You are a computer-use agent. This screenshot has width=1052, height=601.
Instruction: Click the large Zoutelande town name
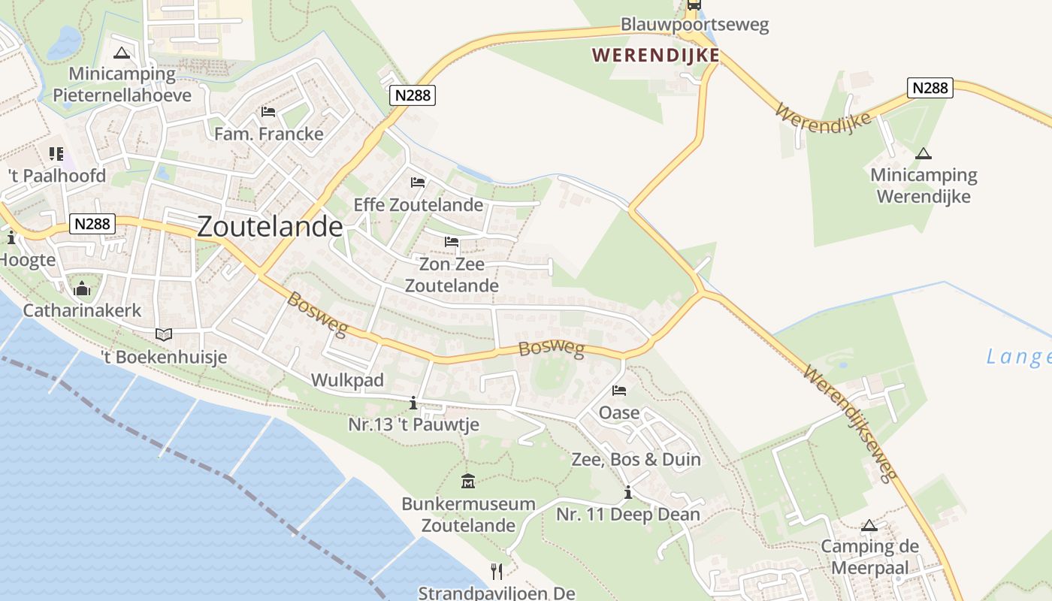point(270,227)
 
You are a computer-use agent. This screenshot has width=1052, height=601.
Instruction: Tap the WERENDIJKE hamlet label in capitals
point(655,55)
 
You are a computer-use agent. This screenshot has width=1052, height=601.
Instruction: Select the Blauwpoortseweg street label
point(694,25)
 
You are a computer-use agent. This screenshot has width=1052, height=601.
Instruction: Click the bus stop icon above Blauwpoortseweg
point(694,5)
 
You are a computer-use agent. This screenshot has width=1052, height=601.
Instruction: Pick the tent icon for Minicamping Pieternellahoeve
point(122,53)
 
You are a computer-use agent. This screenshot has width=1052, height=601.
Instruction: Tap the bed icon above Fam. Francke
point(268,112)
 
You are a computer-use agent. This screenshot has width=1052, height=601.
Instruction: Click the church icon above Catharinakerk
point(82,288)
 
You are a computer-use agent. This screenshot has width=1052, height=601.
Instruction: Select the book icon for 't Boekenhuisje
point(163,334)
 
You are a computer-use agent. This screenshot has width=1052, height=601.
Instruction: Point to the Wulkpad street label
point(347,379)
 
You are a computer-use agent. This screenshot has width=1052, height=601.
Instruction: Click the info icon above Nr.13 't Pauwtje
point(413,403)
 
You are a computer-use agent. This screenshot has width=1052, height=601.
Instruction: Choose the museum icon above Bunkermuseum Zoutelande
point(467,481)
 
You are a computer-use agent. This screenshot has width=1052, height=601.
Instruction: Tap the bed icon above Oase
point(619,391)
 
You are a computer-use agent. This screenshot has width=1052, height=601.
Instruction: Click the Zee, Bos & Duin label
point(636,459)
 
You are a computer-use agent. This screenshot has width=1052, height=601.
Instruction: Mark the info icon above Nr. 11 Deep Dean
point(627,493)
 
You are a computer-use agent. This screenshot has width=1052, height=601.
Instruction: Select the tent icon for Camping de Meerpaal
point(869,525)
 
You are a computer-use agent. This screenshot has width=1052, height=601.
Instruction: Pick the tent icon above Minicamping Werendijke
point(923,154)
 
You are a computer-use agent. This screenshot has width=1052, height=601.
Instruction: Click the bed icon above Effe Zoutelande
point(418,183)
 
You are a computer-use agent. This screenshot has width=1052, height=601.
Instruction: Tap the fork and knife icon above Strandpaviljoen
point(496,571)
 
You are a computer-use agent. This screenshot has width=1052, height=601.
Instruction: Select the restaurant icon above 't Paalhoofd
point(56,154)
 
